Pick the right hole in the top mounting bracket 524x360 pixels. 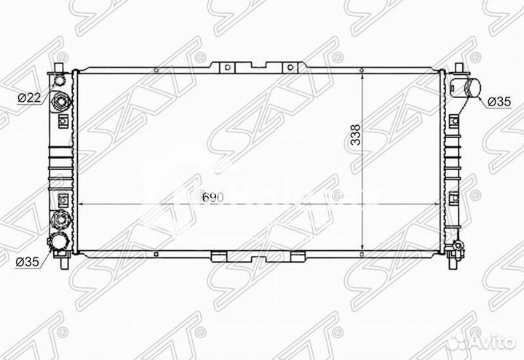[x=290, y=68]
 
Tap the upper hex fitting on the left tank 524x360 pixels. [x=61, y=101]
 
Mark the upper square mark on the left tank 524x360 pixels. [x=63, y=119]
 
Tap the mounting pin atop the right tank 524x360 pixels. [x=461, y=68]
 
